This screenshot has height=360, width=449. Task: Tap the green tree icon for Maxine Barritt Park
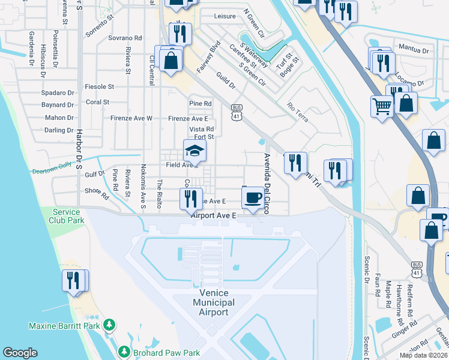tap(109, 325)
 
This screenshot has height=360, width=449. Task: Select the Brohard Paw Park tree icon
tap(124, 350)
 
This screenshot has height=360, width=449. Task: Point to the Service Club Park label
tap(67, 216)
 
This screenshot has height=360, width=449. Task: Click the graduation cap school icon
tap(194, 150)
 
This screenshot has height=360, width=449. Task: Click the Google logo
tap(20, 353)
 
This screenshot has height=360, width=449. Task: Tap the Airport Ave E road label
tap(214, 215)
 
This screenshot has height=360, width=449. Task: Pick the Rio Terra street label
tap(298, 112)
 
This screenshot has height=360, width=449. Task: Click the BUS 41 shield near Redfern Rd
tap(416, 268)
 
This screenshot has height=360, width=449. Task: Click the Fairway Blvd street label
tap(208, 58)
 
